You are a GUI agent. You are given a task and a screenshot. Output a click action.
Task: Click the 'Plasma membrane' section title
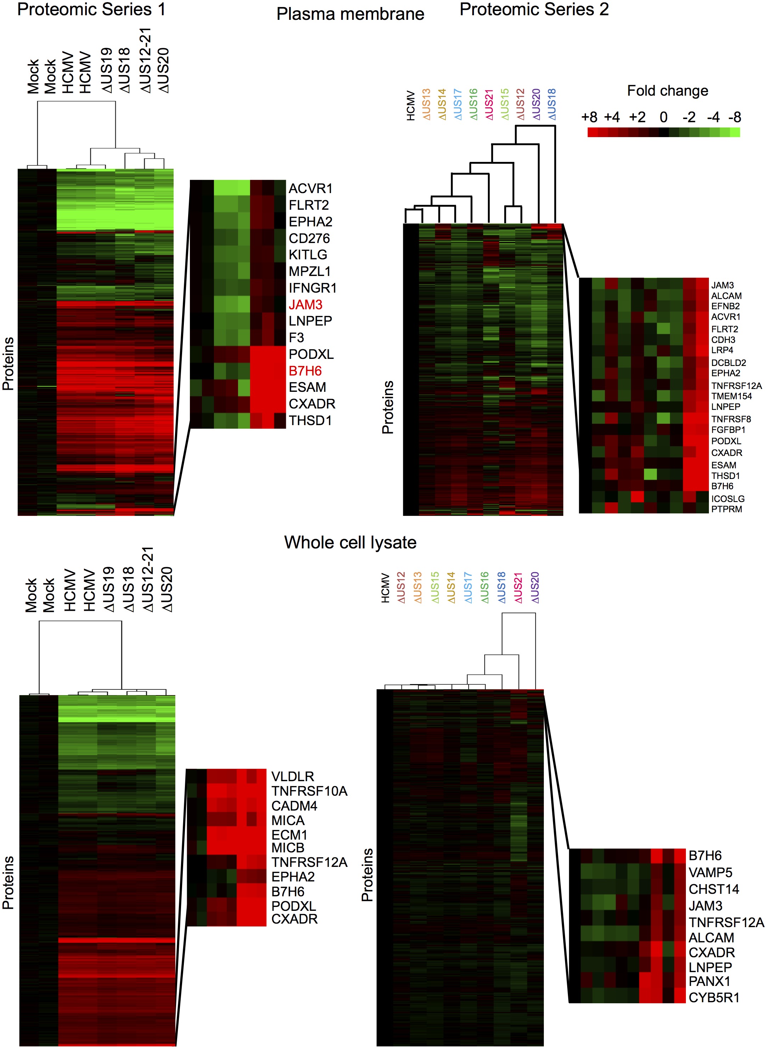click(350, 15)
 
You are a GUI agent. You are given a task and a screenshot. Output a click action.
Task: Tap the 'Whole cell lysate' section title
click(350, 542)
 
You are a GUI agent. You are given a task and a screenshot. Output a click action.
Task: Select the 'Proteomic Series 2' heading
click(534, 9)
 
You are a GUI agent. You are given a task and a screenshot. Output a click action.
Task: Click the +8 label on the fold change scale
click(589, 117)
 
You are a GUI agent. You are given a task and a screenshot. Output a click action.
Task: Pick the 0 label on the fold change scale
click(664, 117)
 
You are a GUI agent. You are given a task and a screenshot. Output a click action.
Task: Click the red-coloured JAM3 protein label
click(305, 304)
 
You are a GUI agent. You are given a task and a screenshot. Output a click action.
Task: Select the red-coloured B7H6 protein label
click(305, 371)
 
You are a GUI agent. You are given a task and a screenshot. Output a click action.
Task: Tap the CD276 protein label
click(309, 238)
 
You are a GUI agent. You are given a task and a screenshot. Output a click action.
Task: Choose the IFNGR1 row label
click(312, 288)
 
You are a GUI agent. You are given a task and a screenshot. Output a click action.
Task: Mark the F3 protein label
click(296, 337)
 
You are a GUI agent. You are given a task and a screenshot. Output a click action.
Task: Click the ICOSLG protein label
click(728, 498)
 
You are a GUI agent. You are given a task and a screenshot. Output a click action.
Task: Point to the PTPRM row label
click(726, 509)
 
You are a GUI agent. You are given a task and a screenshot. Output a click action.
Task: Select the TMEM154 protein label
click(731, 396)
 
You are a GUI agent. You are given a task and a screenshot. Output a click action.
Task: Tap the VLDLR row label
click(293, 777)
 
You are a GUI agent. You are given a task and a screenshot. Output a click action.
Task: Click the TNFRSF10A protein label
click(309, 791)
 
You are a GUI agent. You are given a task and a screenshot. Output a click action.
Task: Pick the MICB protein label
click(288, 847)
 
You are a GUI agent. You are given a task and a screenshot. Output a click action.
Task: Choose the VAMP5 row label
click(710, 873)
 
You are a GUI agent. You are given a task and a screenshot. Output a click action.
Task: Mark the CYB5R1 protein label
click(714, 998)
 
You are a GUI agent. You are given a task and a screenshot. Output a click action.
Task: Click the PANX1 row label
click(709, 981)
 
